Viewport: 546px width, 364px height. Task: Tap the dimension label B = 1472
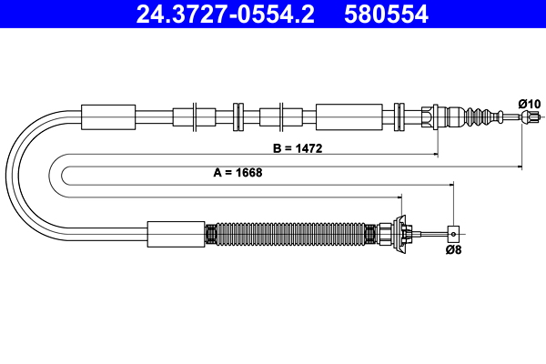pos(298,147)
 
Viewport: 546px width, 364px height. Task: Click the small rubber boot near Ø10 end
pos(479,116)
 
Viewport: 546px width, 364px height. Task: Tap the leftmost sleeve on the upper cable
pos(108,116)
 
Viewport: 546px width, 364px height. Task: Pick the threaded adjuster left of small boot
pos(433,116)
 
